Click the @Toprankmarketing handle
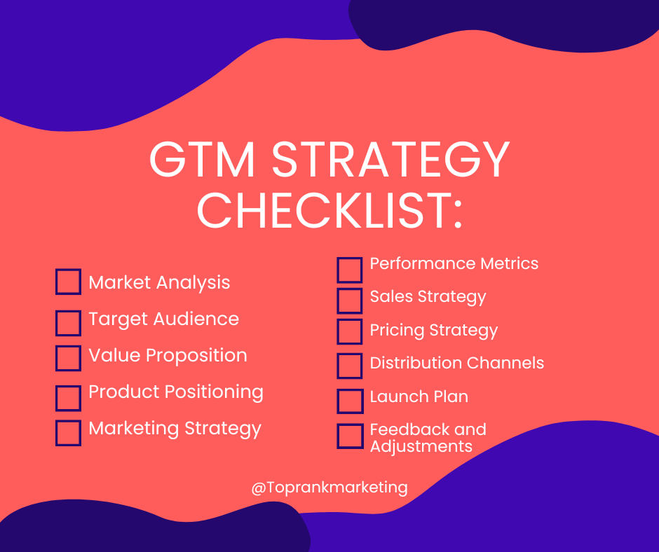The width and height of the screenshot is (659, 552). coord(329,488)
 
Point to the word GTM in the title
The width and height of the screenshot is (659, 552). coord(202,160)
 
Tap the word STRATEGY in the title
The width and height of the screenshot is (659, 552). coord(391,160)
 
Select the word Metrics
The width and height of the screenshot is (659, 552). coord(510,264)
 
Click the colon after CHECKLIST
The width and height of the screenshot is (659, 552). coord(458,214)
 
